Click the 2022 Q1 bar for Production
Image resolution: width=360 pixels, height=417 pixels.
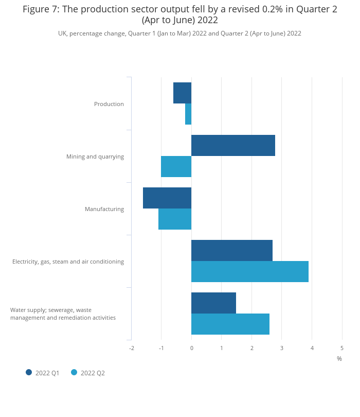coord(183,93)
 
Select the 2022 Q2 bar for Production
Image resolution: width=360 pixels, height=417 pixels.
coord(188,114)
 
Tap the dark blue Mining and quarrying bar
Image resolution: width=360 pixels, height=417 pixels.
coord(233,146)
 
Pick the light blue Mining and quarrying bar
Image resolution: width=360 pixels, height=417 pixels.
coord(176,167)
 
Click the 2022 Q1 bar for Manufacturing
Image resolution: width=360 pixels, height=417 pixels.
coord(167,198)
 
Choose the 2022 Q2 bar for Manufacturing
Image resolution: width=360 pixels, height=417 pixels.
coord(175,219)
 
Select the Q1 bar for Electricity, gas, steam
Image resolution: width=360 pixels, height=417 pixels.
coord(232,251)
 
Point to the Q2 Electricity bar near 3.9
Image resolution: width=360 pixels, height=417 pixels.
coord(250,272)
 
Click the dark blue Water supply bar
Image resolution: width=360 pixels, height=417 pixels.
coord(213,303)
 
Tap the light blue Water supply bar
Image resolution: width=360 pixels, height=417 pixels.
coord(230,324)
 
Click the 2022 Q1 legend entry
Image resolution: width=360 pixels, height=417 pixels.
coord(43,373)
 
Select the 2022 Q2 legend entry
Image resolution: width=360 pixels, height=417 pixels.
coord(88,373)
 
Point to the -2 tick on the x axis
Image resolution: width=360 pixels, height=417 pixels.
coord(132,349)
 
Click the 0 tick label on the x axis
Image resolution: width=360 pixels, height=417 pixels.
coord(192,349)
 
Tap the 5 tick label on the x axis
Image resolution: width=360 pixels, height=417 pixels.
coord(342,349)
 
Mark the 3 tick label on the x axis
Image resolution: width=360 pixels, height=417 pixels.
coord(282,349)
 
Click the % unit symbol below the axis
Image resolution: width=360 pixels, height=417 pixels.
coord(339,359)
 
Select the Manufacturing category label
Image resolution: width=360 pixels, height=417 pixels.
coord(104,209)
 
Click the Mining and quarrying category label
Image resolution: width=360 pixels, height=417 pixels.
coord(95,157)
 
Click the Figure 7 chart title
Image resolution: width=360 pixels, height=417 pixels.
coord(180,14)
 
